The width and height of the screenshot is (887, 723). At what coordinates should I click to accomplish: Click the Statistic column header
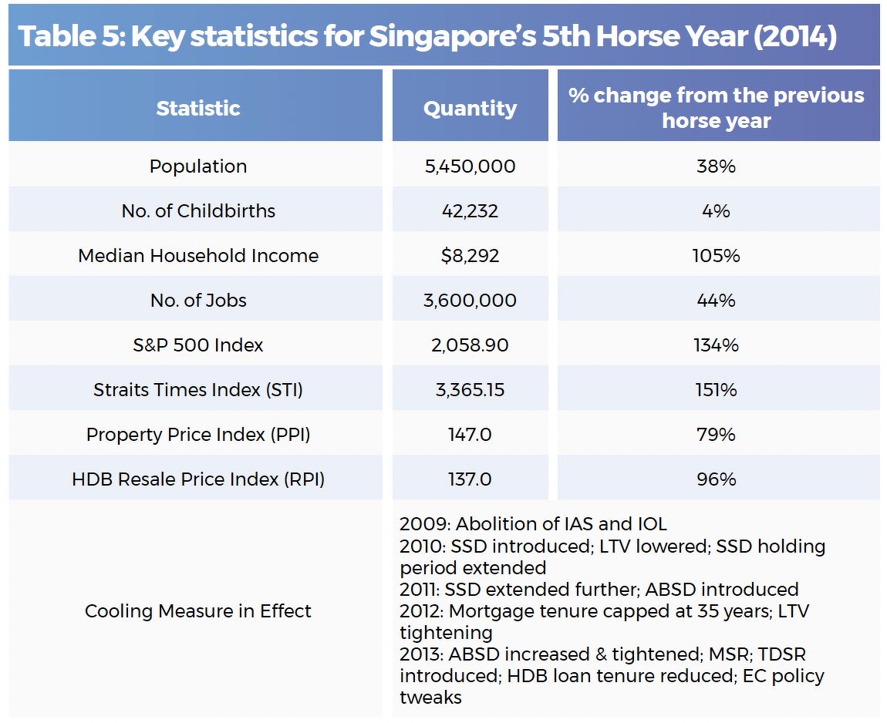click(x=197, y=108)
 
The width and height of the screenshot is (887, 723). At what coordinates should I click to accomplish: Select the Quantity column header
click(x=470, y=108)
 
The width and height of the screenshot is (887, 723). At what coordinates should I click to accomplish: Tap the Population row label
click(x=197, y=166)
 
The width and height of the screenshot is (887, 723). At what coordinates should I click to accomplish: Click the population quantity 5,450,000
click(x=470, y=166)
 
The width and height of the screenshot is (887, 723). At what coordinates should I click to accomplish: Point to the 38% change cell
click(x=716, y=166)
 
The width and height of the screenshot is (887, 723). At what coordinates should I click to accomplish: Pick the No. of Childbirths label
click(x=197, y=211)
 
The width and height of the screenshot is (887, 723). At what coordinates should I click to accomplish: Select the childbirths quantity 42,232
click(x=470, y=211)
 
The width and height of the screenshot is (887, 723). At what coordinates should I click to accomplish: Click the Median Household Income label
click(x=197, y=256)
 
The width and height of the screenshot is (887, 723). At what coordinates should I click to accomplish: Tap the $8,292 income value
click(x=470, y=256)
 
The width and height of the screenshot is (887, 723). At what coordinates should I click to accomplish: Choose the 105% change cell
click(x=716, y=256)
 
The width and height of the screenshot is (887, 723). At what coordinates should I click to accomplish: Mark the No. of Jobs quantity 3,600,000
click(x=470, y=301)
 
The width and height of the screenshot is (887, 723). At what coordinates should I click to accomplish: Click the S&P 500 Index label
click(x=197, y=345)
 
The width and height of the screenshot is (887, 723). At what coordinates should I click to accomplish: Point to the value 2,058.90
click(x=470, y=345)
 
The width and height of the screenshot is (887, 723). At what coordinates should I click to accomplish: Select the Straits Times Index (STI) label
click(x=197, y=390)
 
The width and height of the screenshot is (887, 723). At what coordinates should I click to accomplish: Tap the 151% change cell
click(x=716, y=390)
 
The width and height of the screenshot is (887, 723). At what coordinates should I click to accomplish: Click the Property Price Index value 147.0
click(x=470, y=435)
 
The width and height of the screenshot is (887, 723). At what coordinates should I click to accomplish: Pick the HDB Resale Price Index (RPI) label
click(x=197, y=479)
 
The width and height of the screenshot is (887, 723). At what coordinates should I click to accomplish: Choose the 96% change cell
click(x=716, y=479)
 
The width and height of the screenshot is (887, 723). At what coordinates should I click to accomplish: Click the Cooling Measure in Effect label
click(x=197, y=611)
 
